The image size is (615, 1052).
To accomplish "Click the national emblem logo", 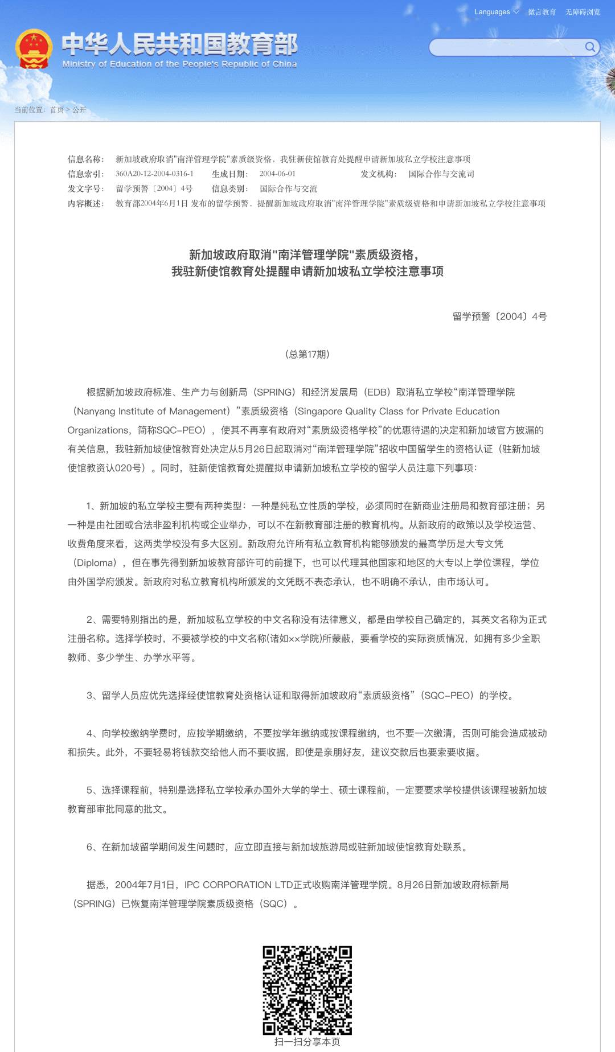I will point(34,48).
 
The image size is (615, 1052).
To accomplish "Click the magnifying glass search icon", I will point(590,47).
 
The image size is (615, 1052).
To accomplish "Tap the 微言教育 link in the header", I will point(542,12).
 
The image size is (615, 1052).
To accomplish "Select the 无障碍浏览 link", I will point(583,12).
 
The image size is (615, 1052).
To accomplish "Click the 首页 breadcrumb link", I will point(57,110).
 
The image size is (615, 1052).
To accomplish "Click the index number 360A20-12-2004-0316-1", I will point(154,174).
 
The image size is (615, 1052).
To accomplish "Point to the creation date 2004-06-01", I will point(277,174).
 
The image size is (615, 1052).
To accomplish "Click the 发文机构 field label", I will point(378,174).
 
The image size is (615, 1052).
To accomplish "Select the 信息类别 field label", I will point(229,189).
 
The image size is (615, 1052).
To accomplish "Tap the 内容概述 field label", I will point(85,204).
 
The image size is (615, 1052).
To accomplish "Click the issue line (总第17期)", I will point(307,354).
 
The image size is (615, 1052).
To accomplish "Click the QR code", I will point(307,991).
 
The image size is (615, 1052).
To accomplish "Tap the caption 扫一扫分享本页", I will point(307,1042).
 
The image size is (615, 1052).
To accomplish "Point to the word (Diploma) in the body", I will point(95,562).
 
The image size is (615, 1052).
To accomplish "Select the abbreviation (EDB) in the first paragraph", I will point(377,392).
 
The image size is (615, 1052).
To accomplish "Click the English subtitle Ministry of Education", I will point(179,64).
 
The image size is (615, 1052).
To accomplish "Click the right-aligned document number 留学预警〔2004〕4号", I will point(499,317).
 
